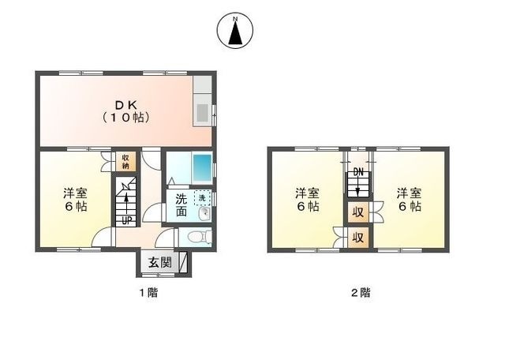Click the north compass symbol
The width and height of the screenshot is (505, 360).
click(235, 31)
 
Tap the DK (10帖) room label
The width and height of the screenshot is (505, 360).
click(126, 111)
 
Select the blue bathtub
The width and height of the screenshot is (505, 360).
click(202, 169)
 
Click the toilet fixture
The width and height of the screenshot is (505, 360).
click(197, 238)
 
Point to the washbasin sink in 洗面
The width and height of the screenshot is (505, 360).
click(204, 213)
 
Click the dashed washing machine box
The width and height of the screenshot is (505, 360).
click(202, 198)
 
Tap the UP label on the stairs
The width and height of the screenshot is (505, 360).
click(126, 221)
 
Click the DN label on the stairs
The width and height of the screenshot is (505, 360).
click(358, 173)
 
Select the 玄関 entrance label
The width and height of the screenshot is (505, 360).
click(159, 263)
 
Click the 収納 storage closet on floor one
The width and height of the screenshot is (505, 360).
click(125, 162)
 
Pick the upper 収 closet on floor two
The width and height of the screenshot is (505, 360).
click(358, 212)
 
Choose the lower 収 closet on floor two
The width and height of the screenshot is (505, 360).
click(358, 238)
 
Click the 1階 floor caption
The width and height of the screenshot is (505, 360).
click(148, 293)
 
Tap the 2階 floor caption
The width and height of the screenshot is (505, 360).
click(361, 293)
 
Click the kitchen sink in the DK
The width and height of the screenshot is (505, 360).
click(203, 113)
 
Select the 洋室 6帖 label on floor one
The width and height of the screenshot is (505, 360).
click(75, 200)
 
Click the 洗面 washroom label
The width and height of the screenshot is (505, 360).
click(181, 205)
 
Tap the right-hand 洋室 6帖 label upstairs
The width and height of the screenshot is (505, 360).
click(409, 200)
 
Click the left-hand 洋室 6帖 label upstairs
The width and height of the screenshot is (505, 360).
click(308, 200)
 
